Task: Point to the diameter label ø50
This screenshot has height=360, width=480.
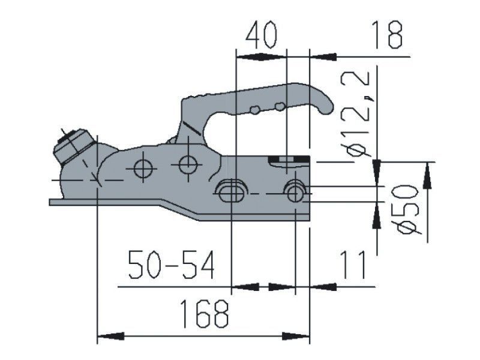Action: pos(408,208)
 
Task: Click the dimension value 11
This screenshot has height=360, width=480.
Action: pos(353,265)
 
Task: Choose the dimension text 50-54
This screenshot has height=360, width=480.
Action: pos(171,265)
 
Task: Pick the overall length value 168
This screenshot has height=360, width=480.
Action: pos(205,314)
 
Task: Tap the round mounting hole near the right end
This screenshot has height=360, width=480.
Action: pos(295,191)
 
